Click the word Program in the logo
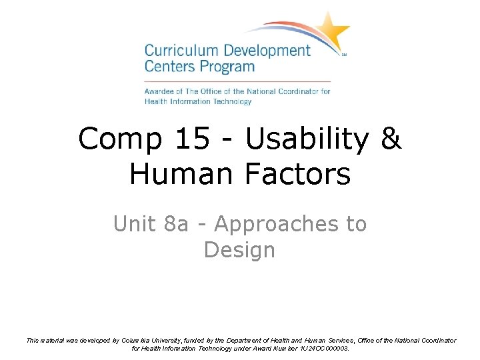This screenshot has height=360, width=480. tap(229, 67)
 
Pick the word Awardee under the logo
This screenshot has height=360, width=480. tap(160, 91)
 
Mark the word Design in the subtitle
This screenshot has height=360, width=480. tap(239, 250)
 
